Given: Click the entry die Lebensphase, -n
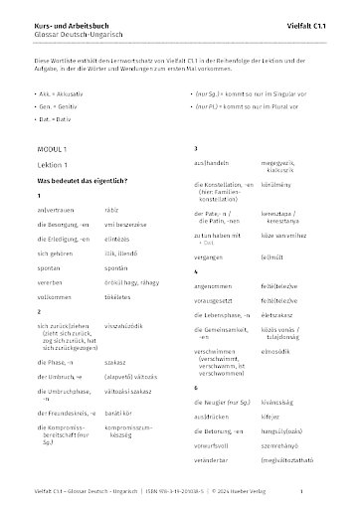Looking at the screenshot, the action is [x=226, y=295].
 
